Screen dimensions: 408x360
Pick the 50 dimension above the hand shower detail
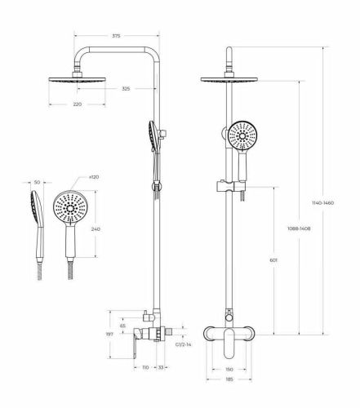tap(36, 184)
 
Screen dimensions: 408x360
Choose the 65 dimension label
tap(122, 326)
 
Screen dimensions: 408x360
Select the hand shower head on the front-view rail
tap(242, 135)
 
